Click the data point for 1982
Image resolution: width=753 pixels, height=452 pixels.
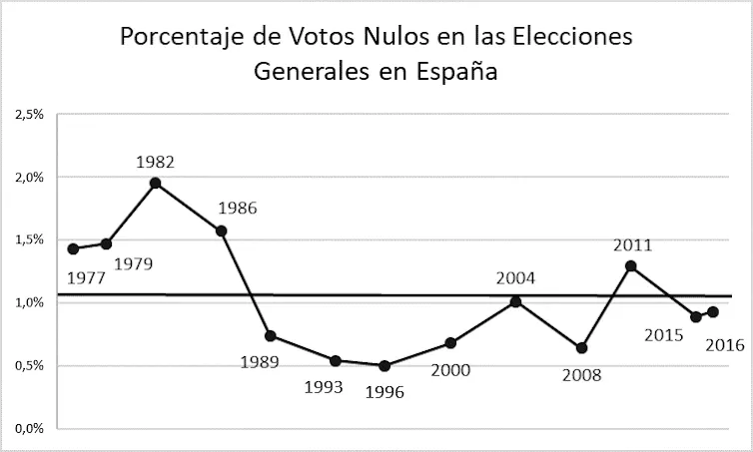[x=155, y=183]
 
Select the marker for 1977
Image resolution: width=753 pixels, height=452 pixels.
[x=73, y=248]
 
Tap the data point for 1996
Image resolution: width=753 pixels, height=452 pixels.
[x=384, y=365]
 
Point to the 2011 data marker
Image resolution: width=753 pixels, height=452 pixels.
[x=630, y=265]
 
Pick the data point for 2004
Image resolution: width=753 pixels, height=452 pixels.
[x=515, y=300]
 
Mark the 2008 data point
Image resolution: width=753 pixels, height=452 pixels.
[x=581, y=348]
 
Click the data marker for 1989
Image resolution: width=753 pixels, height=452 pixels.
[x=270, y=335]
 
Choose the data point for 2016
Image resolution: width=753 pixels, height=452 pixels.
[x=712, y=312]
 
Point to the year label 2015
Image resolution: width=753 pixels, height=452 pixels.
[x=663, y=335]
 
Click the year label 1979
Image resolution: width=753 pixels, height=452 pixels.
[x=132, y=264]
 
